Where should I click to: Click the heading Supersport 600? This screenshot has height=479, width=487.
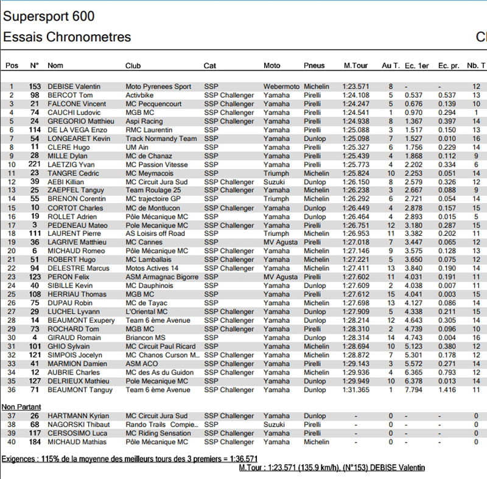coord(49,16)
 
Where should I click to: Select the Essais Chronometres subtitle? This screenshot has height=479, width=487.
coord(67,37)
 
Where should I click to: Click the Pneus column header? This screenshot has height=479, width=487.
coord(314,66)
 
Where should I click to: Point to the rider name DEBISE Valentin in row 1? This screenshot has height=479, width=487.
coord(74,87)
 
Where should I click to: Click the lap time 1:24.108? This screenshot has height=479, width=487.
coord(356,95)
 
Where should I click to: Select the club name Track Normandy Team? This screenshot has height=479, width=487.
coord(161,139)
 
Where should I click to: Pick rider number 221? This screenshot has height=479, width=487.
coord(35,165)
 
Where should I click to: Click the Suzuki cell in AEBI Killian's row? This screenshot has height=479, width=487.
coord(274,182)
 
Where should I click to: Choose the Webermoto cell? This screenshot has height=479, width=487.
coord(281,87)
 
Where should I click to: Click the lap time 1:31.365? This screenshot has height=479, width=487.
coord(356,390)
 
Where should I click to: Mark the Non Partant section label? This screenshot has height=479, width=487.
coord(21,406)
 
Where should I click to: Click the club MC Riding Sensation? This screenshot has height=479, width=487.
coord(158,433)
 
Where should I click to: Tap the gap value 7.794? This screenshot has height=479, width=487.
coord(413,390)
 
